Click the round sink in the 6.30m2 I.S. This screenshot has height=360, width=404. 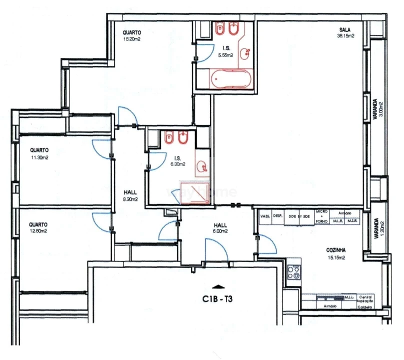point(202,166)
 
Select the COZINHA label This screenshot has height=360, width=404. point(335,251)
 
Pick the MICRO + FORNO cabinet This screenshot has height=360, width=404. point(321,216)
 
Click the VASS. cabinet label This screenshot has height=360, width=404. point(265,216)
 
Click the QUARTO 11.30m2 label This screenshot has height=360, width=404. point(38,153)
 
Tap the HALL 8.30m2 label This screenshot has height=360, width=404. point(130,195)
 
